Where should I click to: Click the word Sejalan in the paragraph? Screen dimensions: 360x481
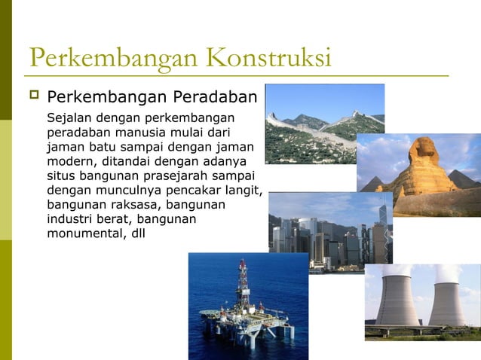click(x=67, y=118)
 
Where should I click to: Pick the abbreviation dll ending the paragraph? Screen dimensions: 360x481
click(x=138, y=233)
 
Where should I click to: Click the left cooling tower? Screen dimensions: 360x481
click(x=397, y=297)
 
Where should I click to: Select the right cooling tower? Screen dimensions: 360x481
click(x=446, y=297)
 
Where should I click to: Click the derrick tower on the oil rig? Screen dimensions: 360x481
click(x=243, y=282)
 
